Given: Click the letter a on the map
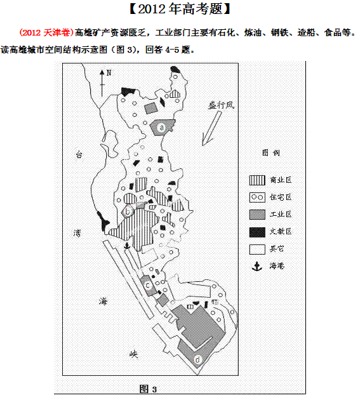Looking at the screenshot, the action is click(161, 127).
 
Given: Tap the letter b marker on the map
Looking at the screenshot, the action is click(128, 211).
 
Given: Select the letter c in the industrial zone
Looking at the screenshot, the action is click(148, 285).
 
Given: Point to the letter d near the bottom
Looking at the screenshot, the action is click(197, 360).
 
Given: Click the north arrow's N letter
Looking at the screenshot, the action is click(109, 73).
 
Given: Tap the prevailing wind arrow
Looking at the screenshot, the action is click(211, 128).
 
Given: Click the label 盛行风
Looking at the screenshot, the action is click(221, 105).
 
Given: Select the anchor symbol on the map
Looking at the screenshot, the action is click(127, 246).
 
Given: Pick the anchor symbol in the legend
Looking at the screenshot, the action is click(257, 266).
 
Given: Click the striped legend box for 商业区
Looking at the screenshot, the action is click(257, 180).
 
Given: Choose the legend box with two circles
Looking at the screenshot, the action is click(257, 197).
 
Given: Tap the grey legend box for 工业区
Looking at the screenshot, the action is click(257, 215).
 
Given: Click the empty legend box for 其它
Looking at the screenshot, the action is click(257, 250).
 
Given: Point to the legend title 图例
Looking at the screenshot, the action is click(271, 153).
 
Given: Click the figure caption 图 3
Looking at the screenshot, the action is click(148, 389).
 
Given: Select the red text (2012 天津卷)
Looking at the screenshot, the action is click(46, 32).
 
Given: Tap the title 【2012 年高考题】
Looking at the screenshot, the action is click(180, 9).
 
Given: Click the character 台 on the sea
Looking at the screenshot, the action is click(79, 154).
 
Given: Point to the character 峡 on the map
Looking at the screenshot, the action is click(133, 354).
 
